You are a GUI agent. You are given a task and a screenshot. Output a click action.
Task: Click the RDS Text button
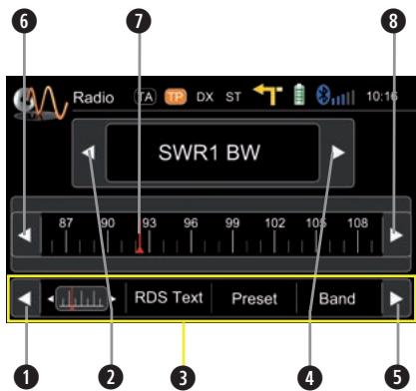(x=169, y=297)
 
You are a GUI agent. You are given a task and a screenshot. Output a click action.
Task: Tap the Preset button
(x=254, y=297)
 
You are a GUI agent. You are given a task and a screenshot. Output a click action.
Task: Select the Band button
(x=337, y=297)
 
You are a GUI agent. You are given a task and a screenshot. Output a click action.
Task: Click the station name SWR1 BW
(x=210, y=155)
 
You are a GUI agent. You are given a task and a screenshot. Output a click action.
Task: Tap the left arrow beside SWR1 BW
(x=91, y=154)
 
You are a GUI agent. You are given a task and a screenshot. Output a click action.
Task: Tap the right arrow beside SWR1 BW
(x=339, y=154)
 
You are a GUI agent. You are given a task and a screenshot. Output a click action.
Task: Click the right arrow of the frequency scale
(x=395, y=236)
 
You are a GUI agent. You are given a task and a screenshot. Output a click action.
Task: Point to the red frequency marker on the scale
(x=139, y=246)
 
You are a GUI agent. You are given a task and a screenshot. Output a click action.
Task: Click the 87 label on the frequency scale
(x=66, y=222)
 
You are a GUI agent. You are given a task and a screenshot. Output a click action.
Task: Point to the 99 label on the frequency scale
(x=232, y=222)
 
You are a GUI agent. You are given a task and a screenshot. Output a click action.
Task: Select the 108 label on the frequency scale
(x=356, y=222)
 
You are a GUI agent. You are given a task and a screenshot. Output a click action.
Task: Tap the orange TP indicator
(x=177, y=97)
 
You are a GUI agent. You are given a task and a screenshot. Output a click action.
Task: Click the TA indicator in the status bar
(x=145, y=97)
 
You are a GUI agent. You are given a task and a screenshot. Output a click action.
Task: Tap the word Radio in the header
(x=94, y=98)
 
